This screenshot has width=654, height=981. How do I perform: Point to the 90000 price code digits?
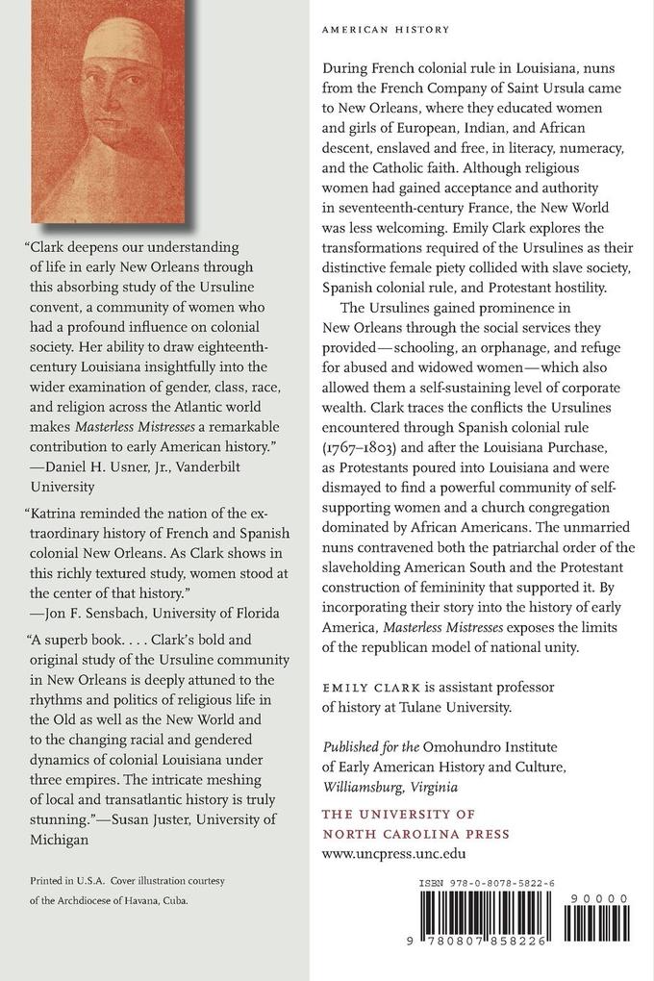(x=606, y=898)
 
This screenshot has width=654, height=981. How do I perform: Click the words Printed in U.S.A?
(x=64, y=879)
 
